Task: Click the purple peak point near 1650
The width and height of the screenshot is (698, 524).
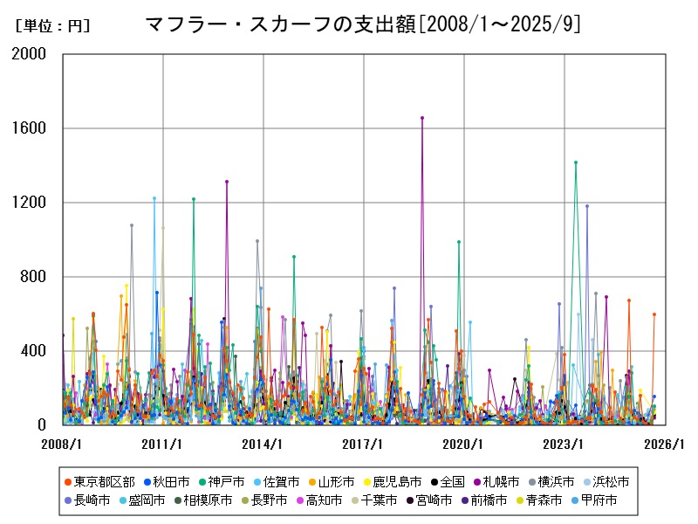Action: pyautogui.click(x=422, y=118)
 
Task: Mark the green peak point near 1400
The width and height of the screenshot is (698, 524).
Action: pyautogui.click(x=576, y=162)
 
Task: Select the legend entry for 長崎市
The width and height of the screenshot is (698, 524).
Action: pyautogui.click(x=92, y=500)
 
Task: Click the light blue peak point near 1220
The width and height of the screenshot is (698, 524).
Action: pyautogui.click(x=154, y=198)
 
